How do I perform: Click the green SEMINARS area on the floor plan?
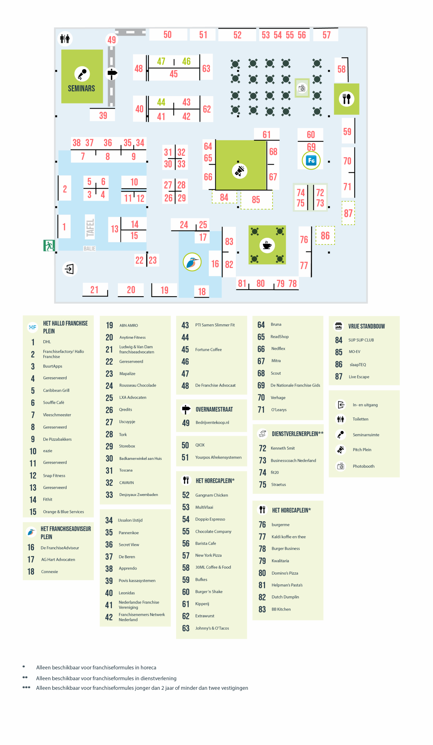(82, 76)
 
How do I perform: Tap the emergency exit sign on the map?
(49, 245)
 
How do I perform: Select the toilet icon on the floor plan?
(65, 39)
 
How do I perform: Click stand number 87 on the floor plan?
(348, 213)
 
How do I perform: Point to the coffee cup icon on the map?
(267, 245)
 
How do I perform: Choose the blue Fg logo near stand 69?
(311, 161)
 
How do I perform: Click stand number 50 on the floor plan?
(167, 35)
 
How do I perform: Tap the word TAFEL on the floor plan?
(90, 228)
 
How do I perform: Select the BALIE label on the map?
(89, 249)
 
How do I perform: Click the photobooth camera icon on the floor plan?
(302, 88)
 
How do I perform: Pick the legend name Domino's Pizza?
(285, 573)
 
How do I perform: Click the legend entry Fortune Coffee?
(208, 350)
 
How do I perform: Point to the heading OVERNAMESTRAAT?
(214, 409)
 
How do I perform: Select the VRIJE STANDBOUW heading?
(366, 327)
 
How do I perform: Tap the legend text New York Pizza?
(208, 555)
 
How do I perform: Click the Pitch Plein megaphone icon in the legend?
(340, 450)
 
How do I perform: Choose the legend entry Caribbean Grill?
(56, 390)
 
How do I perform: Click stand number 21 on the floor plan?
(94, 290)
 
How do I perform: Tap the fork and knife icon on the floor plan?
(347, 99)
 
